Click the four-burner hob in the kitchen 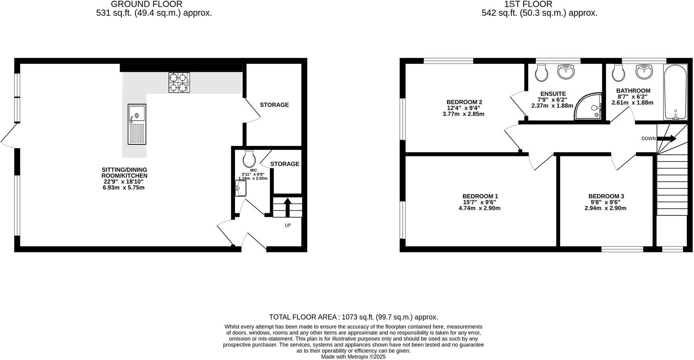coord(179,82)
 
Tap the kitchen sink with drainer coord(137,124)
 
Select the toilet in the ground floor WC coord(249,159)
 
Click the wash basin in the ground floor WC coord(241,188)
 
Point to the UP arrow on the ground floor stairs coord(288,206)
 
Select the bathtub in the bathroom coord(676,92)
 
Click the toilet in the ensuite coord(542,73)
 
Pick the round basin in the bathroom coord(644,72)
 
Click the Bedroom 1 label coord(480,196)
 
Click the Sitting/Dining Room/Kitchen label coord(125,173)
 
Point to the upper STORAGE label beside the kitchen coord(274,105)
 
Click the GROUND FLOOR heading coord(147,4)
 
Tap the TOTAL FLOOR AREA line coord(353,317)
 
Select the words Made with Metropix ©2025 coord(353,356)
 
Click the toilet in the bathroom coord(617,73)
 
